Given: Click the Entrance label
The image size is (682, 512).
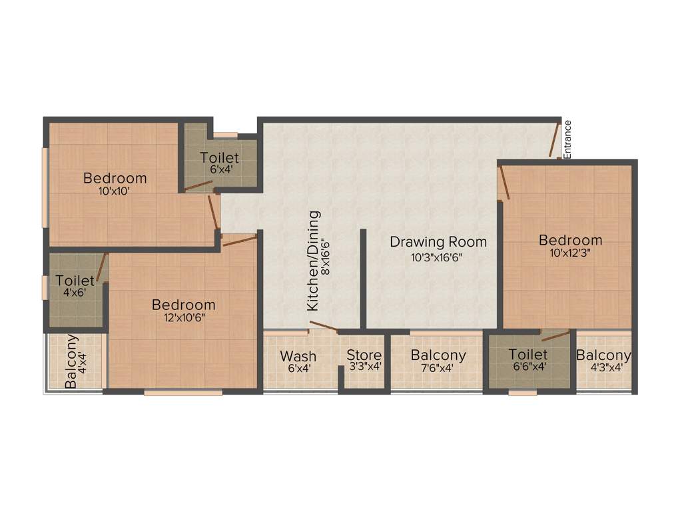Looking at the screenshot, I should pyautogui.click(x=567, y=139).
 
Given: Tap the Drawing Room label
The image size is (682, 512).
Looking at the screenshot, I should pyautogui.click(x=438, y=241).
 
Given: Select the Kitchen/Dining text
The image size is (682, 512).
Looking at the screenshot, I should pyautogui.click(x=313, y=261).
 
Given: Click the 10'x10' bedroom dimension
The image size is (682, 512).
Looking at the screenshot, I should pyautogui.click(x=115, y=190).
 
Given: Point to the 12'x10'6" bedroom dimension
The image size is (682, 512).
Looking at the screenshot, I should pyautogui.click(x=183, y=317).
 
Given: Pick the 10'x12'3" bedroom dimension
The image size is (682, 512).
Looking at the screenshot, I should pyautogui.click(x=570, y=253).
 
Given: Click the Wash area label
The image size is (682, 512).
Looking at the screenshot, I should pyautogui.click(x=298, y=355).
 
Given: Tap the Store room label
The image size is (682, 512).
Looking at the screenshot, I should pyautogui.click(x=364, y=355).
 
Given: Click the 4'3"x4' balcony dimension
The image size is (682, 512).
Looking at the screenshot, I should pyautogui.click(x=603, y=367).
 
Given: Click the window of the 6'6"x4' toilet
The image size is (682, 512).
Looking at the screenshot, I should pyautogui.click(x=522, y=393).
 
